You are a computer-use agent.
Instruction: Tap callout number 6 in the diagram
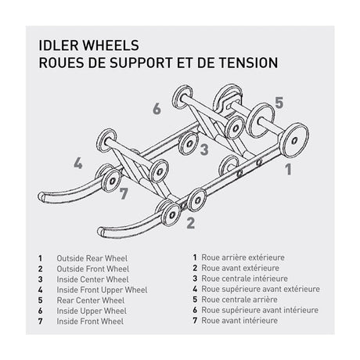click(157, 109)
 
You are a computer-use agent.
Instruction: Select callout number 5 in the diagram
click(278, 103)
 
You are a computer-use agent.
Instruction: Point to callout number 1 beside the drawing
click(288, 167)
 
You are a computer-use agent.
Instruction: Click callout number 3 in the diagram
click(203, 148)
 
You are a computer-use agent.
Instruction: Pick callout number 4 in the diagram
click(78, 164)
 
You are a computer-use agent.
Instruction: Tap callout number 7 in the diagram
click(124, 193)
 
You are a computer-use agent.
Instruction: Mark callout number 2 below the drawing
click(190, 221)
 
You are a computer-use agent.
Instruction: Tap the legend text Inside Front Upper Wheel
click(102, 290)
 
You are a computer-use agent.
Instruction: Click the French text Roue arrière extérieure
click(243, 257)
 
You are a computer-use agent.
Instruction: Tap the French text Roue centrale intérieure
click(243, 278)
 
